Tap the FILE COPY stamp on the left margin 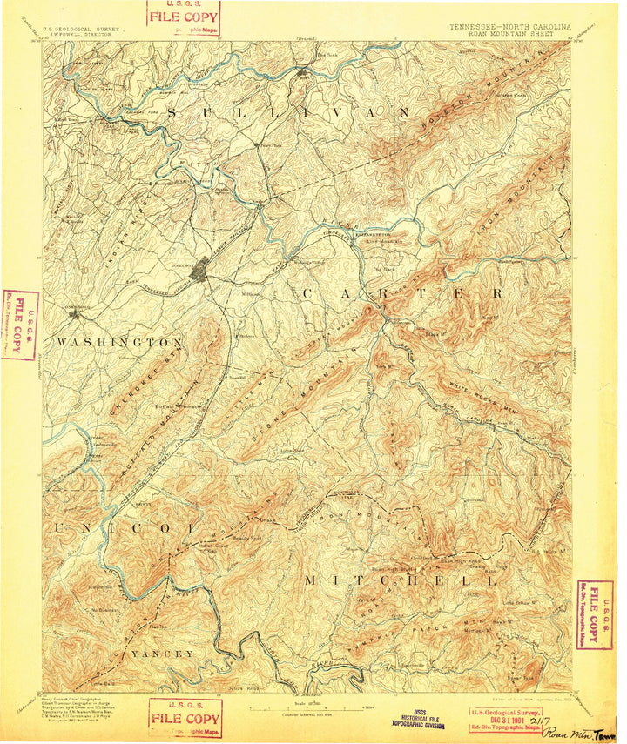19,325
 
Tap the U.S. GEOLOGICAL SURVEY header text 86,28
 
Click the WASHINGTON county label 118,343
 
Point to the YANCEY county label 162,653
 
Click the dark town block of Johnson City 202,267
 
